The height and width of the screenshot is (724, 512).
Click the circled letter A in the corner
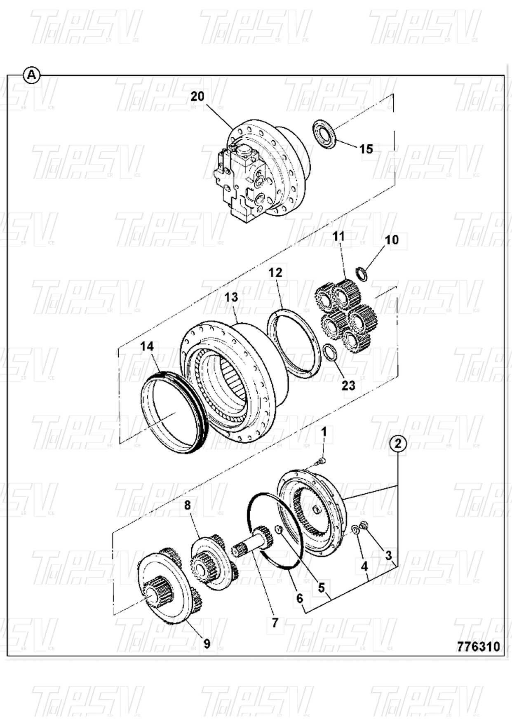pyautogui.click(x=32, y=75)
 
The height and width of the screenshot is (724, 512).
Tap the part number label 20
pyautogui.click(x=197, y=96)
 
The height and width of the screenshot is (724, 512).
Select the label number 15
pyautogui.click(x=366, y=148)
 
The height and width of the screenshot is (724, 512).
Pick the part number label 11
pyautogui.click(x=339, y=236)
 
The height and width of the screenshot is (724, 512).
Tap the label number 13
pyautogui.click(x=232, y=297)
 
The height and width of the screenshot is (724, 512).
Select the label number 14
pyautogui.click(x=147, y=346)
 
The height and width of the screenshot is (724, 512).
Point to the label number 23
pyautogui.click(x=348, y=386)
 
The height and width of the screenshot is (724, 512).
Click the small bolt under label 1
pyautogui.click(x=323, y=459)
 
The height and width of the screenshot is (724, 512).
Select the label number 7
pyautogui.click(x=275, y=623)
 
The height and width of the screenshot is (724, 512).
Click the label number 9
pyautogui.click(x=207, y=643)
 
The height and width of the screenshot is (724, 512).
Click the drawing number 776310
pyautogui.click(x=478, y=646)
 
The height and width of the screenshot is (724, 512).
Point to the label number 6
pyautogui.click(x=300, y=597)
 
